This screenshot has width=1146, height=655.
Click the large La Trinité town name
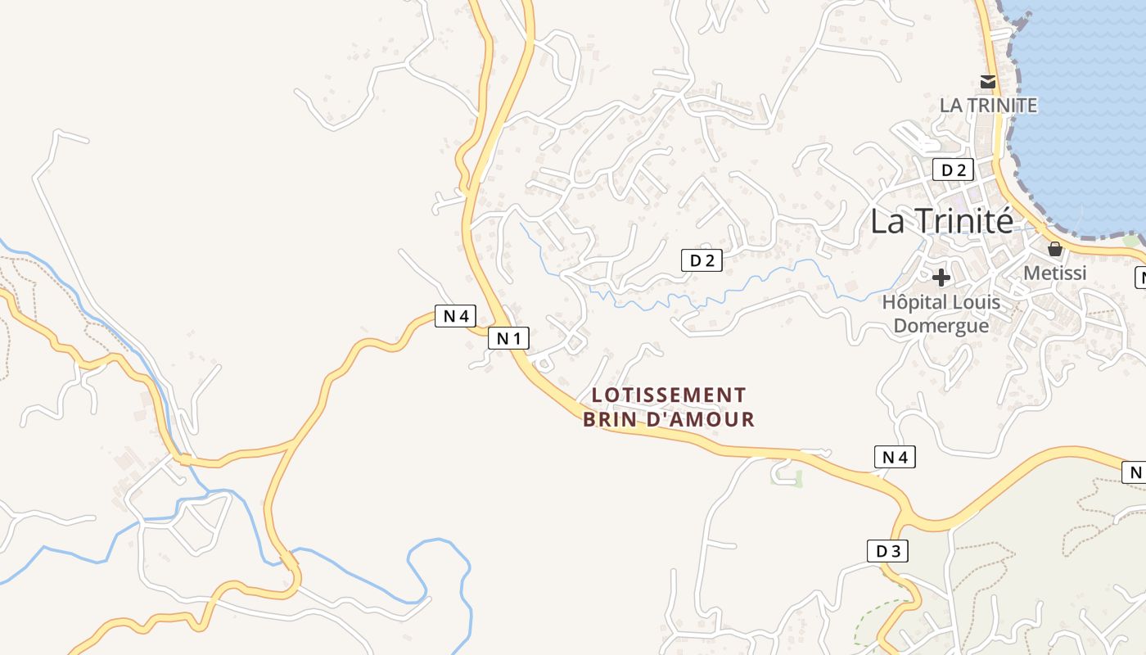coord(941,221)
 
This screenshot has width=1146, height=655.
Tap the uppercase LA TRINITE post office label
coord(988,106)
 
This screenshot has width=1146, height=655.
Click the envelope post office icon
coord(988,81)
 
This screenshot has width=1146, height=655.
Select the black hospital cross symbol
coord(941,277)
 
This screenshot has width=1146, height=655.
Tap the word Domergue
coord(941,326)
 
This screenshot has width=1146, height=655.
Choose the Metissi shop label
coord(1055,273)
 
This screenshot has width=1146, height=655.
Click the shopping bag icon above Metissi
coord(1055,248)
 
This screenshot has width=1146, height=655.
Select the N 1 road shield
coord(508,337)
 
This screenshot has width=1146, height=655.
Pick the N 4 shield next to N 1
coord(455,316)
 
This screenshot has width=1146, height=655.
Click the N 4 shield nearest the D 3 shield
coord(895,457)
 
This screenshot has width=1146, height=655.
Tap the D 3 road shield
coord(887,551)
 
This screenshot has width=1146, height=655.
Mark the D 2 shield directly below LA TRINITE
coord(953,170)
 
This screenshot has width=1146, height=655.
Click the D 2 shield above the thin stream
coord(702,261)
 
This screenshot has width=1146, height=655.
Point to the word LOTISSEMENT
coord(669,395)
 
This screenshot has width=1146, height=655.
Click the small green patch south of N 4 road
coord(798,479)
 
